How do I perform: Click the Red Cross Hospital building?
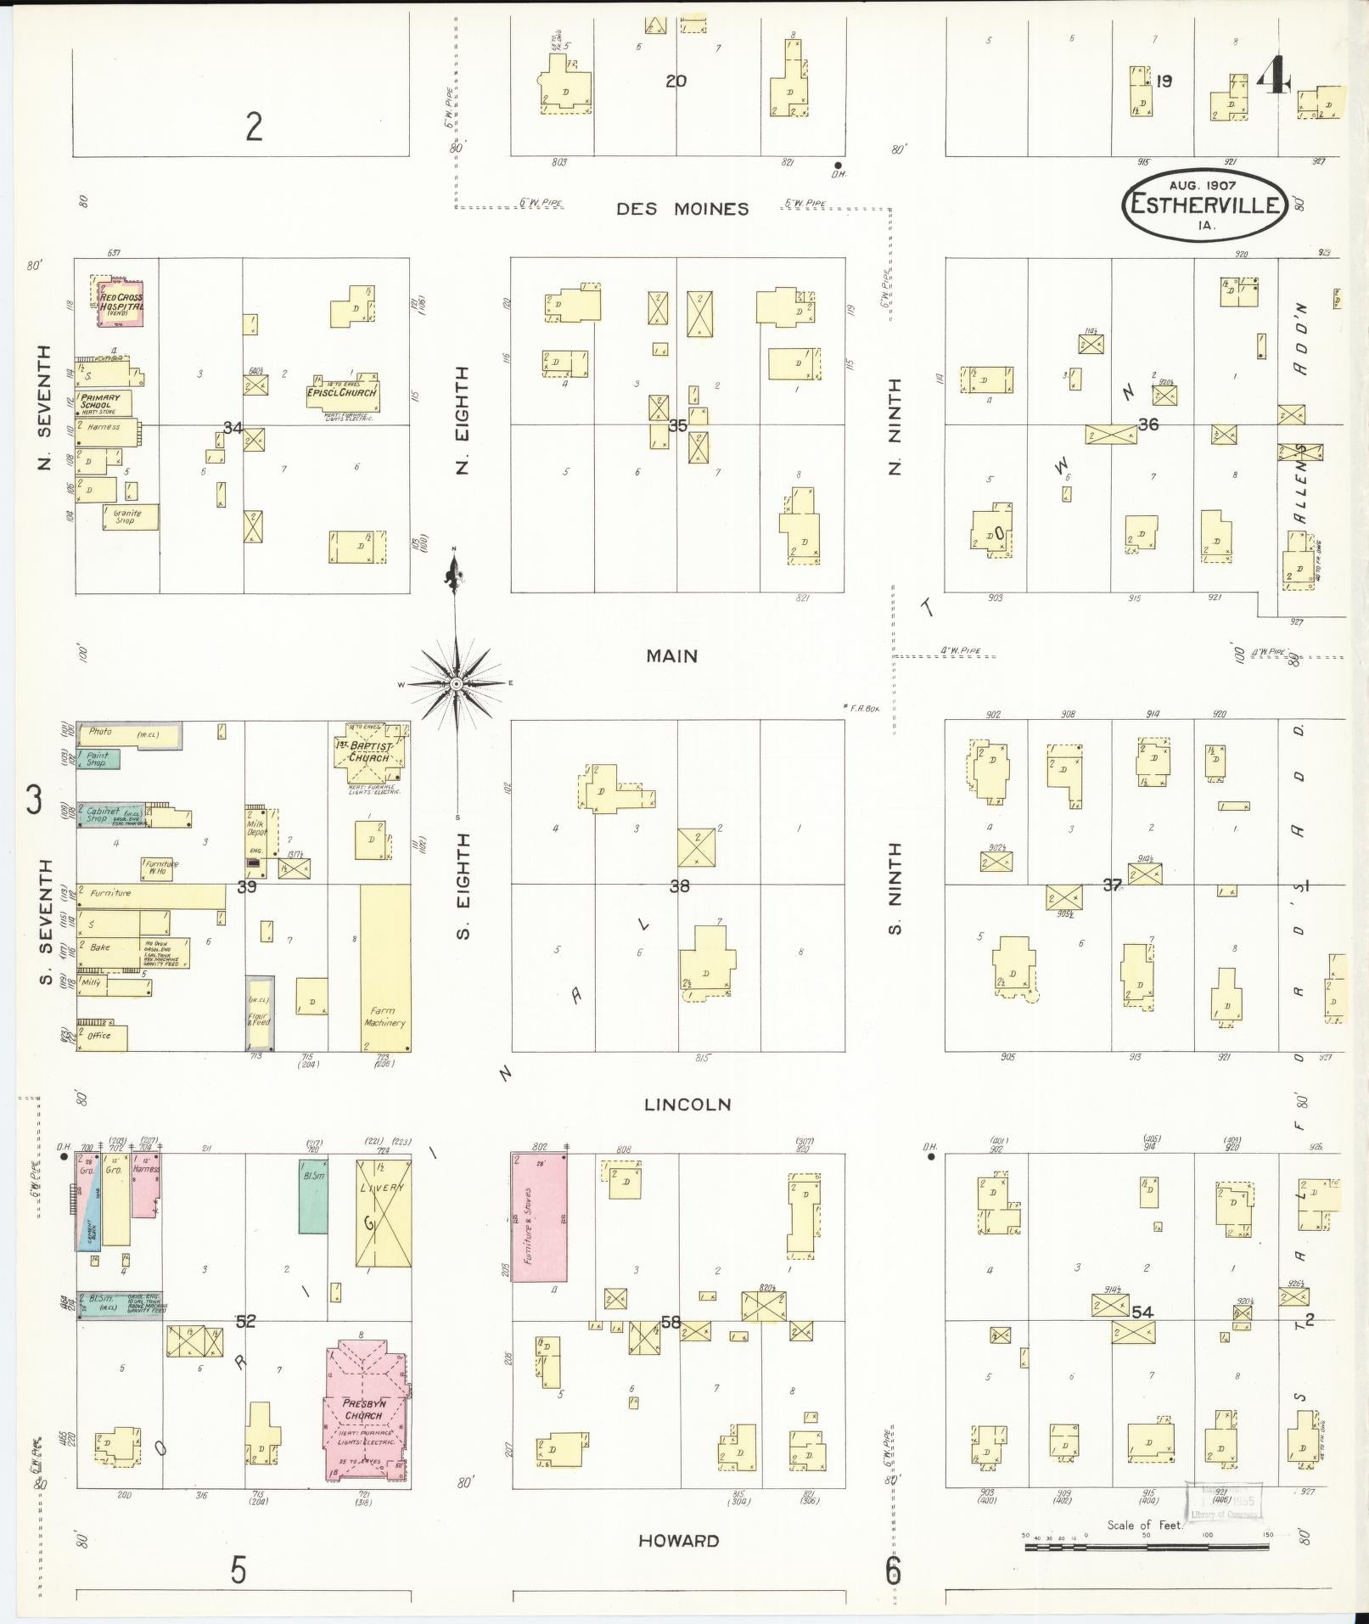[121, 303]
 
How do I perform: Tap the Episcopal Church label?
[343, 393]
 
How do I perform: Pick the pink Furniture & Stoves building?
[539, 1228]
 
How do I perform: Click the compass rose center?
[457, 683]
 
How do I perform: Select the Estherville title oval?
[1205, 204]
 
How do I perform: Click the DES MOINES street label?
[682, 209]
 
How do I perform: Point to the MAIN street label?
[671, 656]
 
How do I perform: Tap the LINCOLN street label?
[687, 1104]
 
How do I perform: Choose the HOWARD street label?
[678, 1541]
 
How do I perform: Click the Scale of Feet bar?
[1146, 1547]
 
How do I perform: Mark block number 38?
[680, 886]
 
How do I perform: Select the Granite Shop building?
[130, 517]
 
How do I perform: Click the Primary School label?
[101, 402]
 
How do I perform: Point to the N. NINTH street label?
[894, 424]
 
